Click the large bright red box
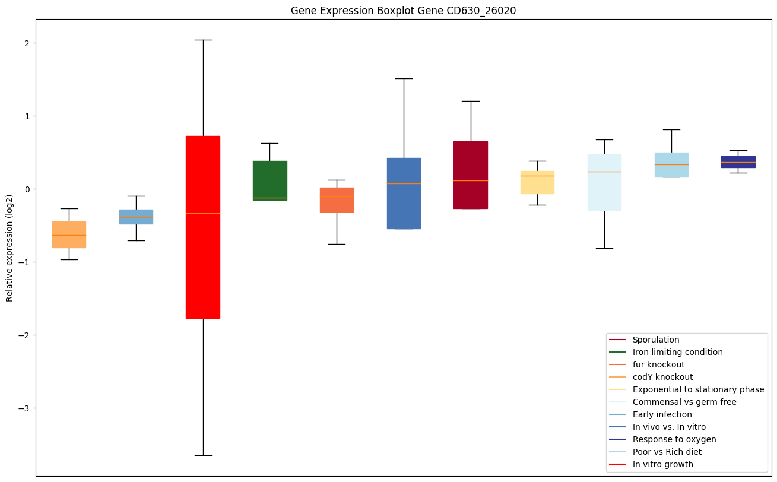pos(203,227)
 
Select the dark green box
pos(269,180)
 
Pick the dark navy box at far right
pos(738,162)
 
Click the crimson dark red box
pos(470,175)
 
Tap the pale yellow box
pos(537,182)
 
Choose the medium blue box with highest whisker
pos(404,194)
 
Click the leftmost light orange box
pos(69,234)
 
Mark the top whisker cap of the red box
pos(203,40)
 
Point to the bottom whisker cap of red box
pos(203,455)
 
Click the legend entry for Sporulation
pos(655,340)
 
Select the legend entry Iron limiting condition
pos(677,353)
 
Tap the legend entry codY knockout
pos(662,378)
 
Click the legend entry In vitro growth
pos(662,465)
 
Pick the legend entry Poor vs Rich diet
pos(667,452)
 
